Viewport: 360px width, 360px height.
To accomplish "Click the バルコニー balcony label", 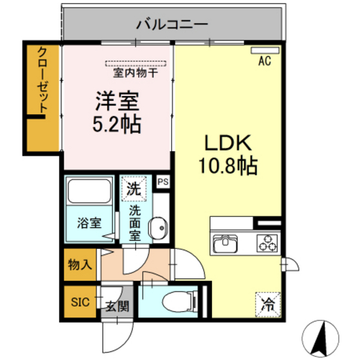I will (172, 26).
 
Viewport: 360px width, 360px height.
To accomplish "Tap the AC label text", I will (264, 62).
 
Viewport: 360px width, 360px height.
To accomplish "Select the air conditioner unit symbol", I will (264, 50).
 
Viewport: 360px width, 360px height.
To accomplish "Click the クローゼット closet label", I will (42, 80).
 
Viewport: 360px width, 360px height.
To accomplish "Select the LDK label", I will (222, 143).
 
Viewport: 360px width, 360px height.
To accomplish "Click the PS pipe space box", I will (163, 181).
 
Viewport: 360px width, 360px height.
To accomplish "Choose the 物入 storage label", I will (81, 264).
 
